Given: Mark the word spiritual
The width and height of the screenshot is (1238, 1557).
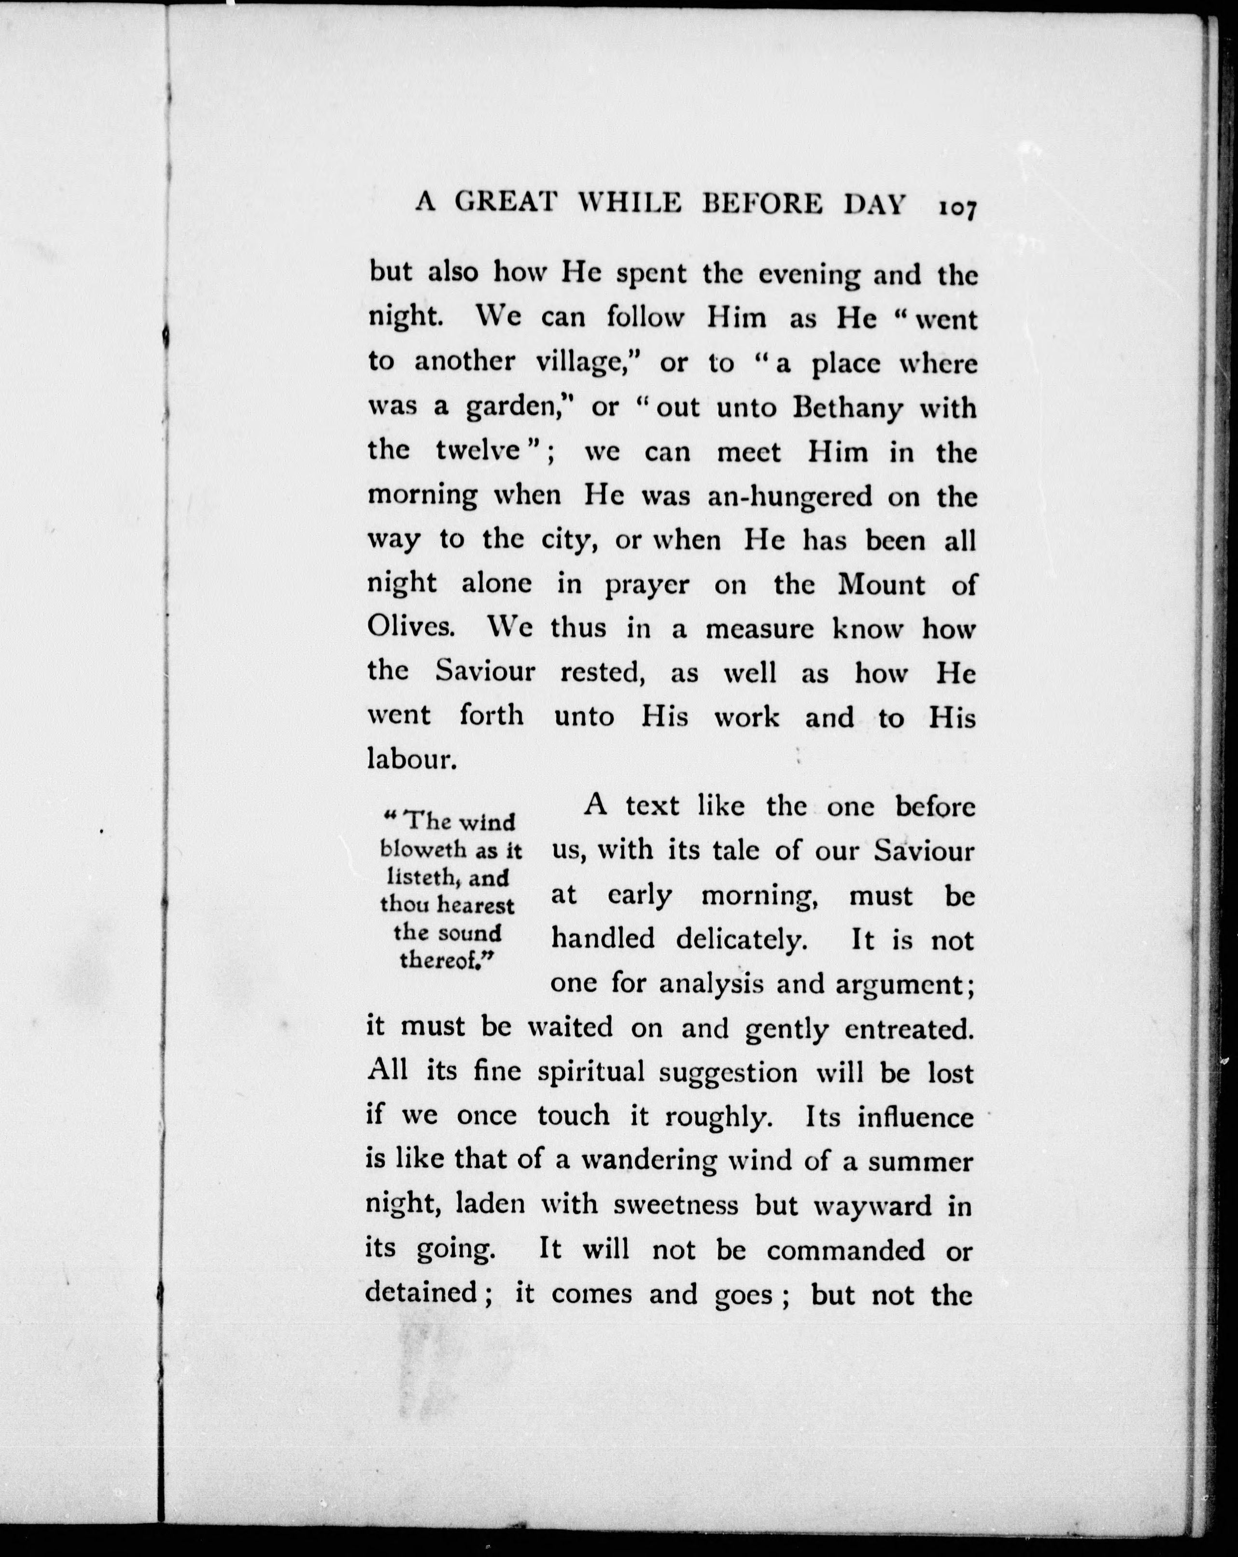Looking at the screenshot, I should (x=591, y=1073).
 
